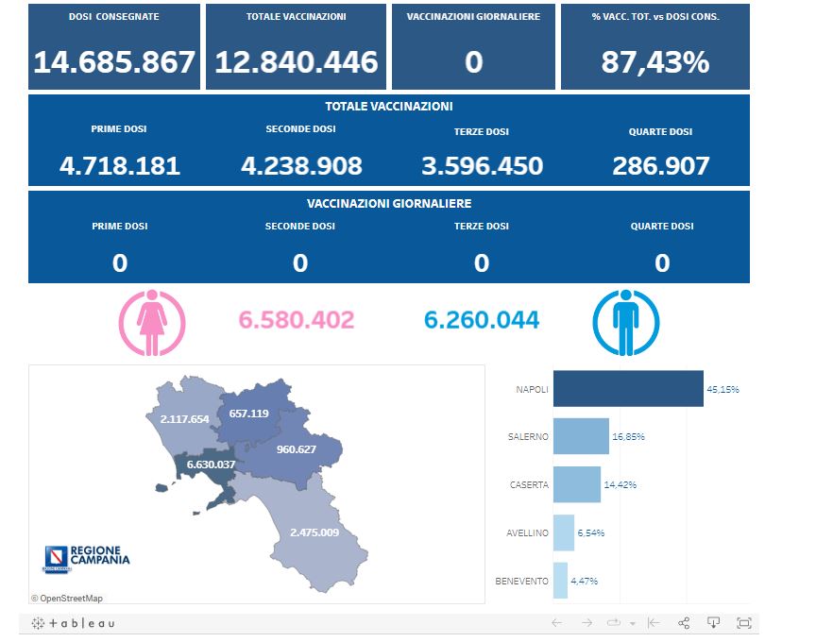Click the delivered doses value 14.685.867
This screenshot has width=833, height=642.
(x=114, y=62)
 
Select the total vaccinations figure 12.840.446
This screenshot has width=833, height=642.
(x=296, y=62)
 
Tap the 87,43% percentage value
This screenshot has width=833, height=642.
(x=654, y=62)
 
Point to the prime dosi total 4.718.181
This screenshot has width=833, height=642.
(x=119, y=166)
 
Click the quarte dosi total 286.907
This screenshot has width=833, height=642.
(x=661, y=166)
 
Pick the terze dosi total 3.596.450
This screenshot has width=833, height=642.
(x=482, y=166)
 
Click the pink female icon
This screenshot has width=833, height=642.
(x=151, y=321)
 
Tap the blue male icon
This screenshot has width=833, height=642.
(x=625, y=321)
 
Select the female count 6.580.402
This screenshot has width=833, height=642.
(x=297, y=320)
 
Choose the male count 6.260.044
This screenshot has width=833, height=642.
(x=482, y=320)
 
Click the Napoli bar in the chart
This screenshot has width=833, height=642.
(x=628, y=389)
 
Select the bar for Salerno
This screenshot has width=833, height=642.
(x=581, y=436)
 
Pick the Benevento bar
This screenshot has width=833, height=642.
(x=560, y=581)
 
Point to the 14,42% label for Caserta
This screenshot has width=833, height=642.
(x=620, y=484)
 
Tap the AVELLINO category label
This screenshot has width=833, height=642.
(x=527, y=532)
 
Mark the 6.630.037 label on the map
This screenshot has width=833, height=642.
(x=211, y=464)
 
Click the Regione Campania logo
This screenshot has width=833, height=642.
(x=87, y=558)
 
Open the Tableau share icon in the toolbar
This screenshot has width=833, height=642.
(x=684, y=623)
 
